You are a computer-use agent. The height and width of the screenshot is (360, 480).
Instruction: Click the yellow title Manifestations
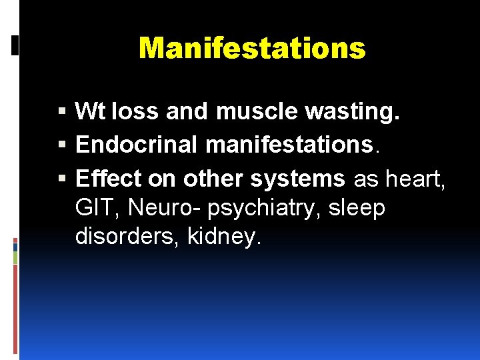[252, 48]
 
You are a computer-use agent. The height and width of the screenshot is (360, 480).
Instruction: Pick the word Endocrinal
[139, 144]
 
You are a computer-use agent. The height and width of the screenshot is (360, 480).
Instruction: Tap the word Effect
[109, 178]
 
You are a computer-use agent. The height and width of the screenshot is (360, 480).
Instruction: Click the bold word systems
[298, 178]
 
